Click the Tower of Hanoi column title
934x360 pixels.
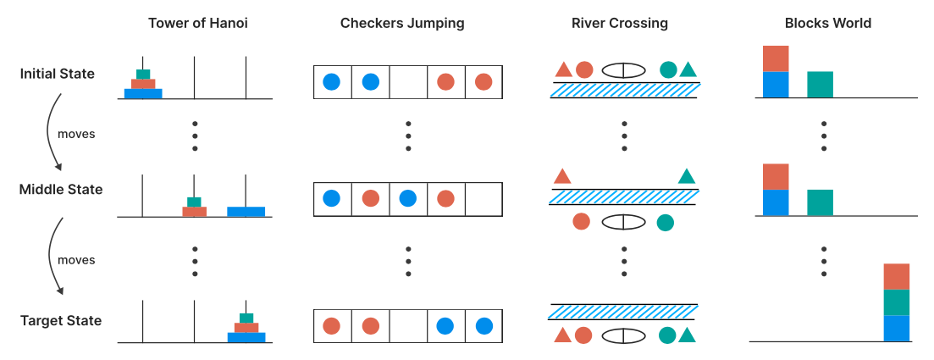point(198,23)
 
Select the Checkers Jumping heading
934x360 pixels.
point(402,23)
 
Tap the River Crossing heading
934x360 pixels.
point(620,23)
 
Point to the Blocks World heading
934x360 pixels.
point(828,23)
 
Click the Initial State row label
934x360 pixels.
point(58,74)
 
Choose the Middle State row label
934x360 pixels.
point(61,190)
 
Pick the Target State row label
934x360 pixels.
point(61,321)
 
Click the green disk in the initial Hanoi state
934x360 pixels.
point(143,74)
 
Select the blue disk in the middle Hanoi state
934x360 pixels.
point(246,212)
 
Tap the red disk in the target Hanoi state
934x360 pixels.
point(246,328)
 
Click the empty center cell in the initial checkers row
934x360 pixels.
point(408,81)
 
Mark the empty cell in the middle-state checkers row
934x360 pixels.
point(483,198)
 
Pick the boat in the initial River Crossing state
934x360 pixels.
point(624,70)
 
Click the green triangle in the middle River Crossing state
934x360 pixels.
point(687,176)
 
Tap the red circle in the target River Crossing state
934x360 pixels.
point(583,335)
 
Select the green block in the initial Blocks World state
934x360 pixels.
point(820,84)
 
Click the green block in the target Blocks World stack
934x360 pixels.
point(897,302)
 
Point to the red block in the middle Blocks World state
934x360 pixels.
point(776,176)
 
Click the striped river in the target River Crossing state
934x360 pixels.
point(624,312)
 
